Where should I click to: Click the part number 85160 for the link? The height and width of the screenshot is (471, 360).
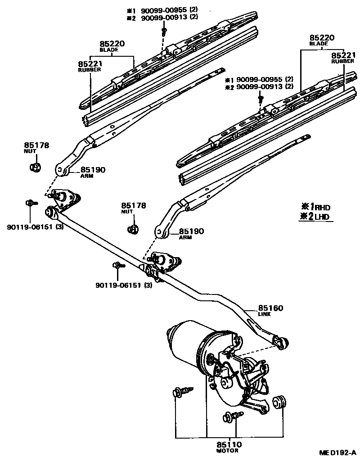(x=270, y=308)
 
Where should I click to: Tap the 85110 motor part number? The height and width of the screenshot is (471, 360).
(x=229, y=444)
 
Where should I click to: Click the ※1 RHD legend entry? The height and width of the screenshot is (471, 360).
(x=315, y=207)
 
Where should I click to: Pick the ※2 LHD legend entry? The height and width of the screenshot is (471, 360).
(x=315, y=217)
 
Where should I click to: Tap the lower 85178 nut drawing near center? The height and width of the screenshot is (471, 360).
(x=133, y=229)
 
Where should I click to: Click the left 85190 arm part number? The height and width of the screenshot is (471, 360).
(x=93, y=170)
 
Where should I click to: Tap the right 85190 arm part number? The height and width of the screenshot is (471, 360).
(x=191, y=231)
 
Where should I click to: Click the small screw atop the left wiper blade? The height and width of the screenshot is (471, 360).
(x=164, y=31)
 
